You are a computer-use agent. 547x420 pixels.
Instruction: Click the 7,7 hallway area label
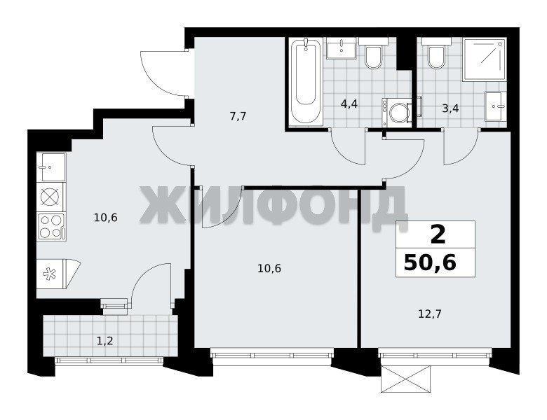click(x=238, y=116)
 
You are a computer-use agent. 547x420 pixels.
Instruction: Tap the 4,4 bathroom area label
click(x=349, y=104)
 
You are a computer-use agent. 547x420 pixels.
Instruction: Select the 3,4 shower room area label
click(x=450, y=108)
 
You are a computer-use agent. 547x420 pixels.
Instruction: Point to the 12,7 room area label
click(x=430, y=314)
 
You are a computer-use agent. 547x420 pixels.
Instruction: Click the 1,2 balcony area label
click(x=104, y=341)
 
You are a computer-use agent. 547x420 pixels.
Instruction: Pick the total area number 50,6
click(x=430, y=263)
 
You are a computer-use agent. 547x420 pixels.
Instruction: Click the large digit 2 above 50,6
click(x=438, y=234)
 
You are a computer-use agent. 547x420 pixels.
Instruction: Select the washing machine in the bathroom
click(x=397, y=112)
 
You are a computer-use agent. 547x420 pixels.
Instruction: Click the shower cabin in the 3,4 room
click(x=484, y=60)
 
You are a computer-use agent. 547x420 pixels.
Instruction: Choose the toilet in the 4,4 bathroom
click(x=373, y=53)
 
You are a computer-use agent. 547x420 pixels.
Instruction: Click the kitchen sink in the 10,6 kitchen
click(x=51, y=167)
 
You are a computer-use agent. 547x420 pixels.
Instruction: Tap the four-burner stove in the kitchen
click(x=51, y=227)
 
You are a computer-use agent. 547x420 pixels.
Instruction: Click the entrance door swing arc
click(x=164, y=73)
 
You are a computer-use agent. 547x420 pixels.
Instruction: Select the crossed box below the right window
click(x=405, y=379)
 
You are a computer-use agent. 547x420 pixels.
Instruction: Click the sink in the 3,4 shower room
click(x=494, y=106)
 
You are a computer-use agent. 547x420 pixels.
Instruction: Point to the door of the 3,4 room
click(x=461, y=146)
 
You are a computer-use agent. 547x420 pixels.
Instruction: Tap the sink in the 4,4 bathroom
click(x=342, y=49)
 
